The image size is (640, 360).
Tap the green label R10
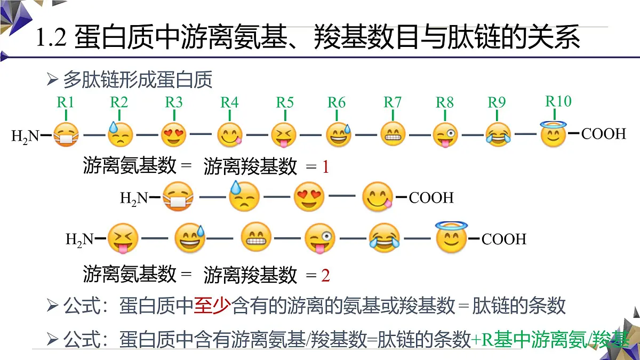[x=558, y=101]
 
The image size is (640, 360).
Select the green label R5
[x=285, y=102]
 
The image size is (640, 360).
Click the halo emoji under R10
[x=553, y=134]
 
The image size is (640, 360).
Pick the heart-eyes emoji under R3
[x=174, y=134]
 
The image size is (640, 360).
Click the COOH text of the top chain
[x=603, y=133]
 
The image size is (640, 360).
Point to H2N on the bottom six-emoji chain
[x=79, y=239]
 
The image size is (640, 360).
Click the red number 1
[x=325, y=167]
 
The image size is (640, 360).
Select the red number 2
[x=325, y=275]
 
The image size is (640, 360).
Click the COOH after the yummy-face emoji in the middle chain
[x=431, y=198]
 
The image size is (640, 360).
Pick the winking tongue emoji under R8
[x=445, y=134]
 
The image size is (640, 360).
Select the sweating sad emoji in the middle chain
[x=244, y=197]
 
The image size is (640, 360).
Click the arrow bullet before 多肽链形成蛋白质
[x=52, y=80]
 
